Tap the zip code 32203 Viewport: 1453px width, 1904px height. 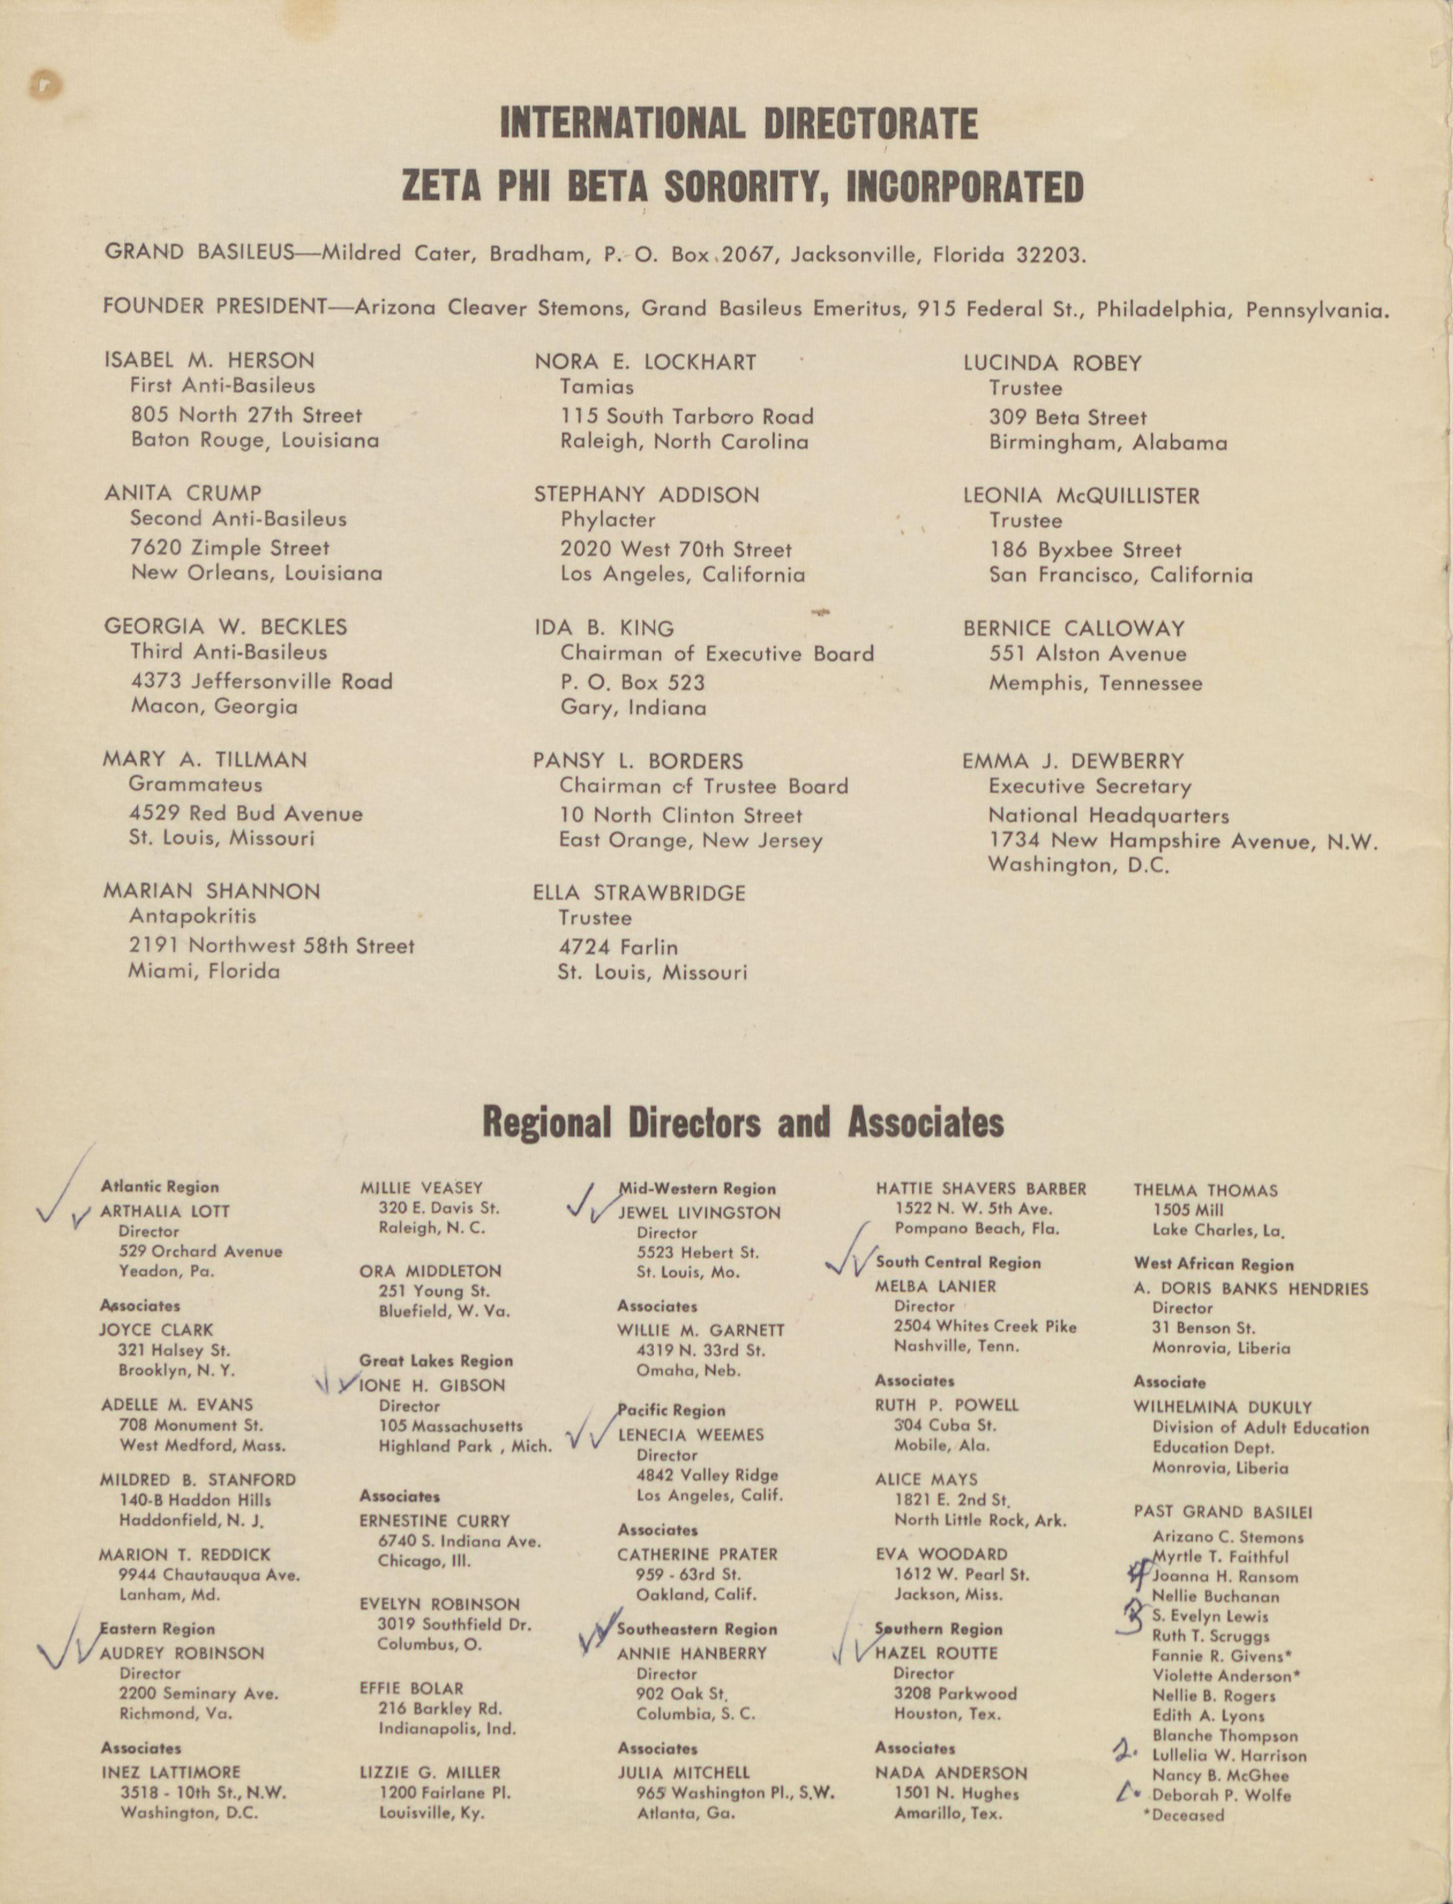click(1048, 255)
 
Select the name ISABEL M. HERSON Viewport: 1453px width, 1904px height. click(209, 361)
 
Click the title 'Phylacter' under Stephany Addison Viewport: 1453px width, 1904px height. click(607, 520)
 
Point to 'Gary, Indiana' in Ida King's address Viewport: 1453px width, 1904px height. click(633, 708)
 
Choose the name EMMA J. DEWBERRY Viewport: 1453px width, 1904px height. click(1073, 761)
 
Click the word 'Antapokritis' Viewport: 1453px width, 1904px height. click(192, 916)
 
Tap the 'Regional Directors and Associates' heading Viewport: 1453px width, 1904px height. click(743, 1122)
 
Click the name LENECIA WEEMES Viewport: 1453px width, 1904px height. click(691, 1434)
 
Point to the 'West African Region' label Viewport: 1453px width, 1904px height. click(1214, 1264)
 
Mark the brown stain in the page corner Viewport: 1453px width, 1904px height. click(46, 84)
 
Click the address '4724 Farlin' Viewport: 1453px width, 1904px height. click(617, 947)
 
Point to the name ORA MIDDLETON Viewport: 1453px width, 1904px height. click(430, 1271)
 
